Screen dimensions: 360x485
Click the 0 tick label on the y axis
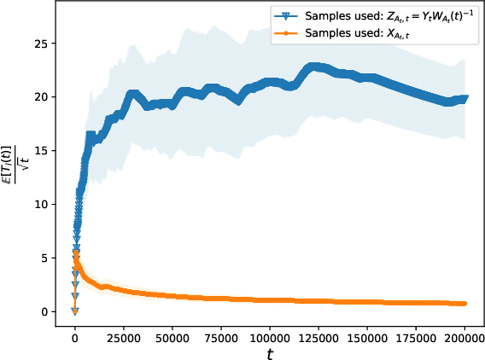tap(46, 312)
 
